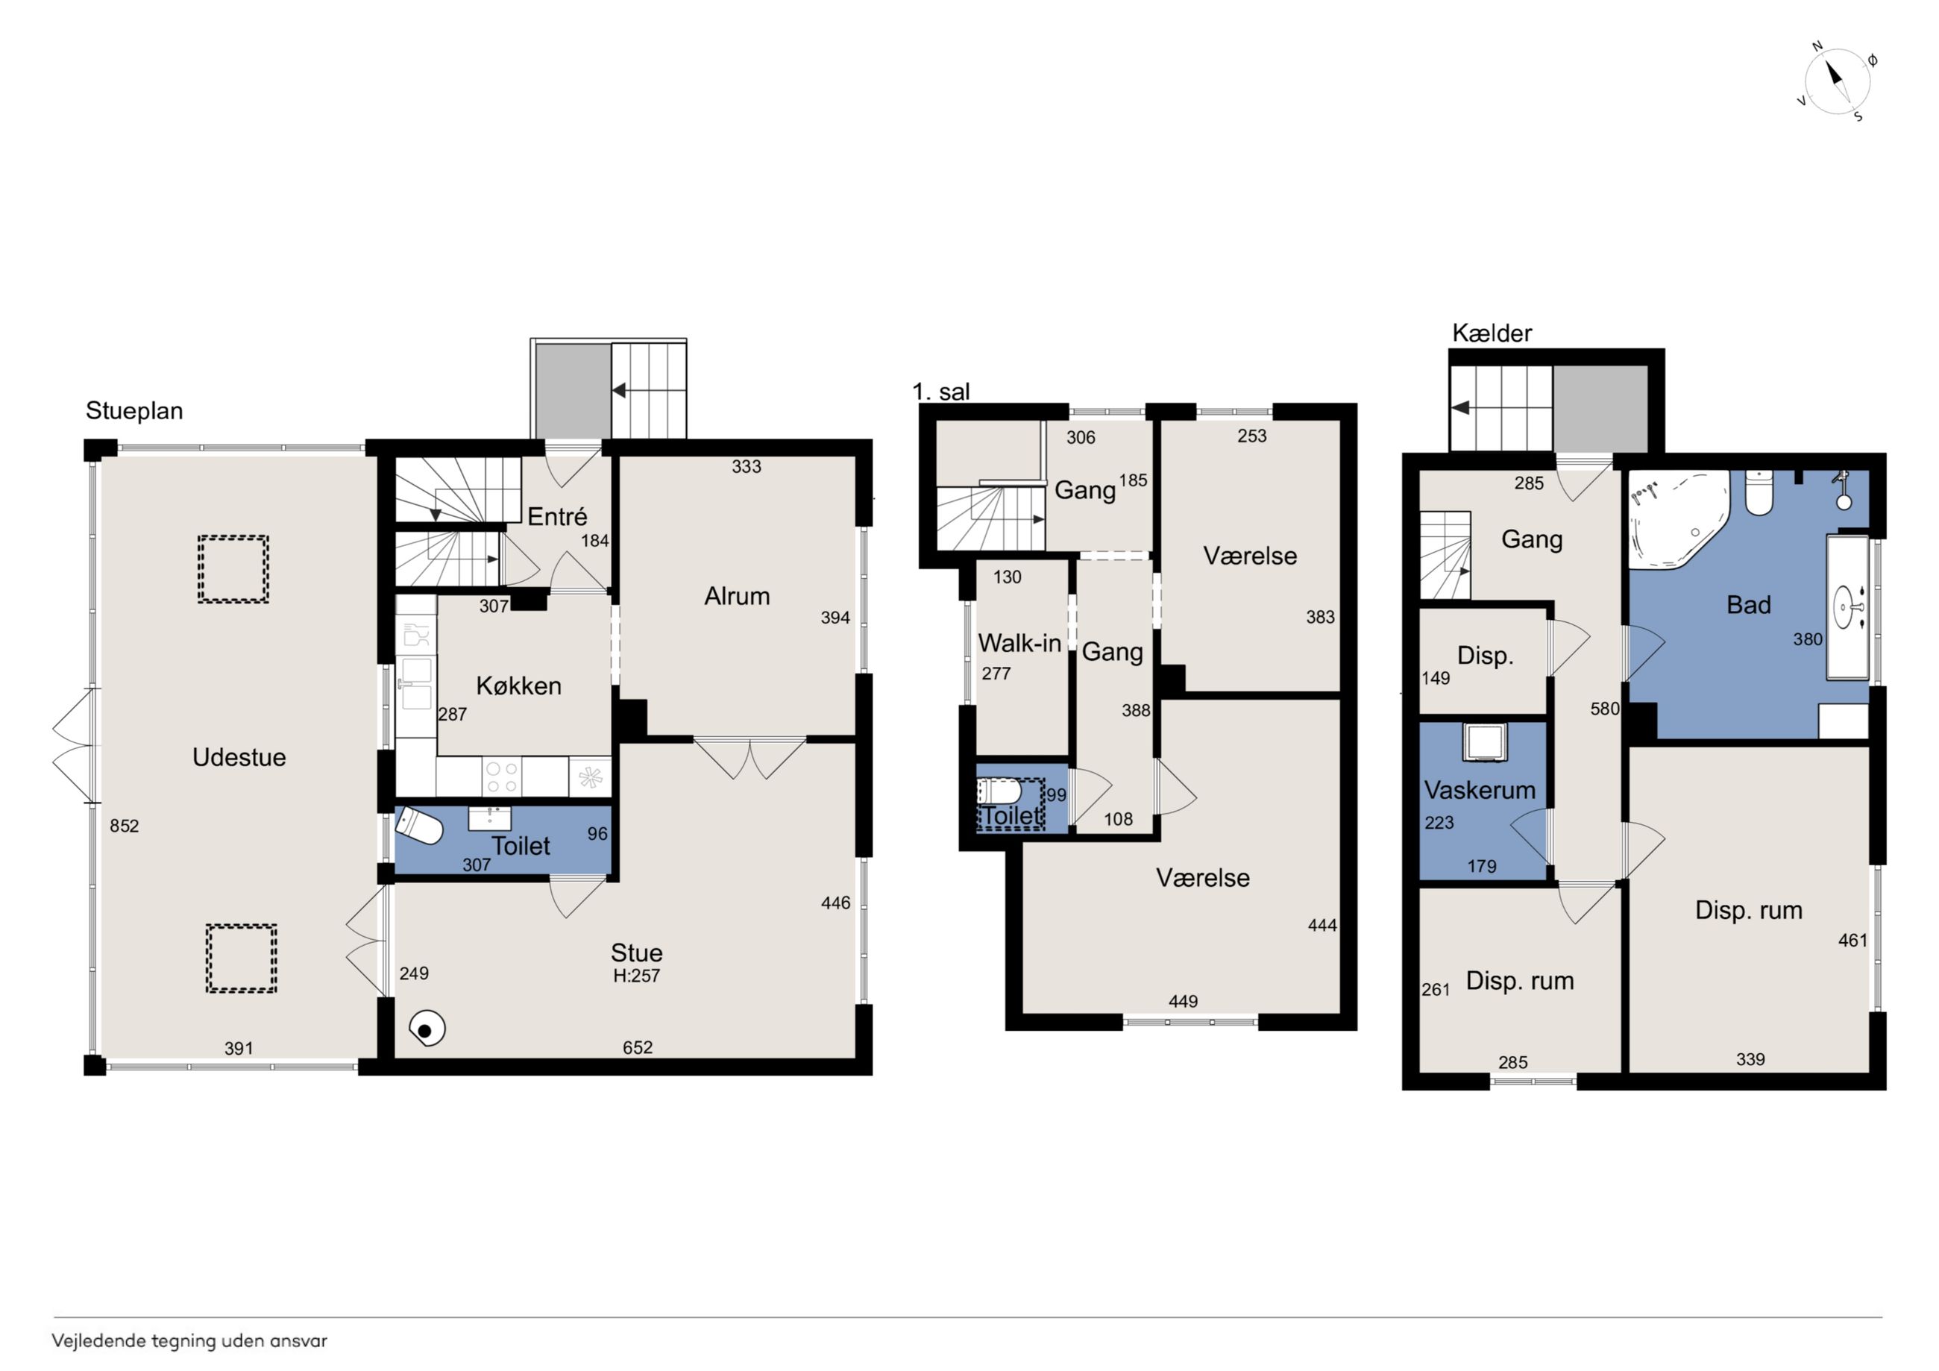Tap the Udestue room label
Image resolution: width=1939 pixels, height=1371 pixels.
click(239, 757)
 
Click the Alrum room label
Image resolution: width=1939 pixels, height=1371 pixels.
click(738, 597)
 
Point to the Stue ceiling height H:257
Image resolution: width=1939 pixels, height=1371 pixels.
click(637, 976)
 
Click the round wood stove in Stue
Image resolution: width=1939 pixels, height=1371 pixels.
click(427, 1029)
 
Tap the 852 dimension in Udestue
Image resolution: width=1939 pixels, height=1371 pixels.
click(124, 826)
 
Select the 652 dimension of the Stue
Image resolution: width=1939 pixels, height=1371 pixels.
click(638, 1047)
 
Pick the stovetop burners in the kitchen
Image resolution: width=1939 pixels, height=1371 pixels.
click(502, 777)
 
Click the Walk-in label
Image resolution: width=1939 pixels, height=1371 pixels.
click(1019, 643)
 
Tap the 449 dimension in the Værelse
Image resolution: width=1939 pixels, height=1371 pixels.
click(1183, 1001)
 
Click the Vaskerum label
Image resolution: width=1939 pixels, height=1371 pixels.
click(1480, 790)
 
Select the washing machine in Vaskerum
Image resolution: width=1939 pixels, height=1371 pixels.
click(1484, 742)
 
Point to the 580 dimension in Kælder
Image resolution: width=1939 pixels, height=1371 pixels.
click(1605, 709)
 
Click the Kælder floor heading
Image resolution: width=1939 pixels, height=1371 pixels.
click(1492, 333)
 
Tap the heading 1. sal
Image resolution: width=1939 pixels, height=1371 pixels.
click(940, 391)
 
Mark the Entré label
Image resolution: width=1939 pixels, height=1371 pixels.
click(557, 516)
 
